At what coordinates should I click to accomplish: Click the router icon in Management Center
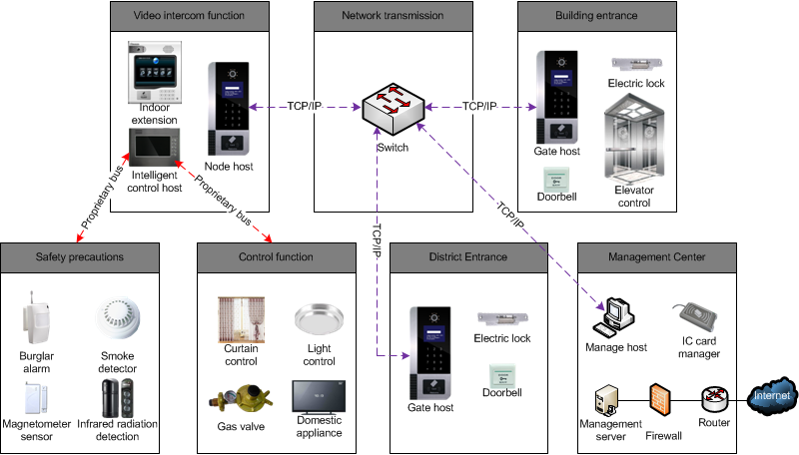point(713,399)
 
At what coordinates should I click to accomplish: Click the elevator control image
point(632,140)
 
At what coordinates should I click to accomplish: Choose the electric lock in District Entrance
point(502,318)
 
